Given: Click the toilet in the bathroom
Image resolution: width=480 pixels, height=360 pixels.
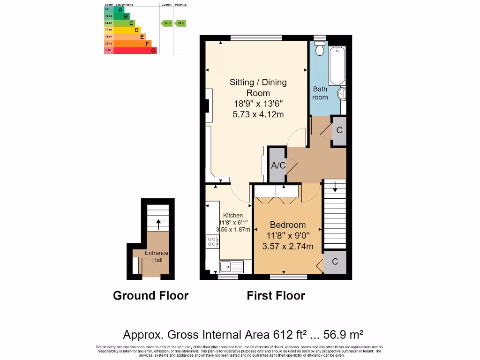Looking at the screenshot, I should pos(321,49).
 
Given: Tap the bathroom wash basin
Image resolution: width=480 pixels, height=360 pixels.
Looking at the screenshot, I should pos(342,94).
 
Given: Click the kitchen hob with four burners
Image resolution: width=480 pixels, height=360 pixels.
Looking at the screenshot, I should pos(212,242).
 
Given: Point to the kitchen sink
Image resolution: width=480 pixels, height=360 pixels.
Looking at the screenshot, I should pos(231,267).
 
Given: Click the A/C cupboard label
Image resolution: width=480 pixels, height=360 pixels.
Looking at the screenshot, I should pos(278,165).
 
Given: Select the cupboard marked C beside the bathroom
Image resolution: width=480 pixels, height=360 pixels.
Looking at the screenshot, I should pos(339,130).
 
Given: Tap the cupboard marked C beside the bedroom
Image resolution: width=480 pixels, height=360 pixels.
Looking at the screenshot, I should pos(335,262).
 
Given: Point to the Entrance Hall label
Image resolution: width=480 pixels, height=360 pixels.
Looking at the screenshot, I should pos(156,256).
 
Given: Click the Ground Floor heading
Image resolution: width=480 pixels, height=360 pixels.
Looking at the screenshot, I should pos(150,296).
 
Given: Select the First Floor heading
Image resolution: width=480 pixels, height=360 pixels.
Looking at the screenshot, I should pos(276,296).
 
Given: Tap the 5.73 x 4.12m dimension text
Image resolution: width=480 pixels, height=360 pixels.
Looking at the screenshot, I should pos(258,114).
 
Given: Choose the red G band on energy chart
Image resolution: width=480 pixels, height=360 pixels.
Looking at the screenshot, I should pos(135,50).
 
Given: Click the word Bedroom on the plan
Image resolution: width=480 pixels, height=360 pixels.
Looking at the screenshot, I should pos(287,225).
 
